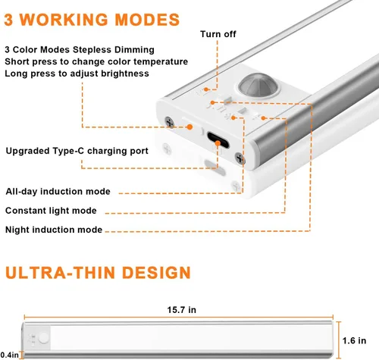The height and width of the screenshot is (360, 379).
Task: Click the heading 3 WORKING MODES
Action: pos(92,20)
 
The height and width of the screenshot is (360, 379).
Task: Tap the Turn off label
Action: pos(218,34)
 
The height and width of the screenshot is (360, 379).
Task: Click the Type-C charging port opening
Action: pos(218,140)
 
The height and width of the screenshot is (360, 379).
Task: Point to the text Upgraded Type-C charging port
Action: pos(77,151)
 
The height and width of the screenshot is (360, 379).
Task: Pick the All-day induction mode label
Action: pos(58,191)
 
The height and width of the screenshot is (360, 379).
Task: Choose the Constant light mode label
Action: pos(51,211)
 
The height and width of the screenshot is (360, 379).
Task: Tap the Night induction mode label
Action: pos(54,230)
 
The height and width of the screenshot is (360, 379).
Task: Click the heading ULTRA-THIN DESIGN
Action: pos(98,273)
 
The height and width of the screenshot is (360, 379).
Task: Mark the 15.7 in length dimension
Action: pos(181,310)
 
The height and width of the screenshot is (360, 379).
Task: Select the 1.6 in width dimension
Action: pos(354,340)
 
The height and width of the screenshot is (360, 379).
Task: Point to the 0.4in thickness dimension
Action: pos(9,355)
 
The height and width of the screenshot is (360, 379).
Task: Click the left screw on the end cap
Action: pos(169,122)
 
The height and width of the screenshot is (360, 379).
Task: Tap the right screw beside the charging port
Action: pos(240,158)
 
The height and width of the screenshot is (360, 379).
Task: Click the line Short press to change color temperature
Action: pos(96,61)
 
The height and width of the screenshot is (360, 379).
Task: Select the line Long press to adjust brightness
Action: pos(77,74)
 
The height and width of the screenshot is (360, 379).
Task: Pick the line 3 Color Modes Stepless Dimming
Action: pos(80,49)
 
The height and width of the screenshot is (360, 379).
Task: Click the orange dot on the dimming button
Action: pos(189,127)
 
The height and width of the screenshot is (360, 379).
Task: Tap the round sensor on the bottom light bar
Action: pos(43,338)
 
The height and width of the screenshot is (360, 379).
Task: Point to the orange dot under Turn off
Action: pos(206,89)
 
